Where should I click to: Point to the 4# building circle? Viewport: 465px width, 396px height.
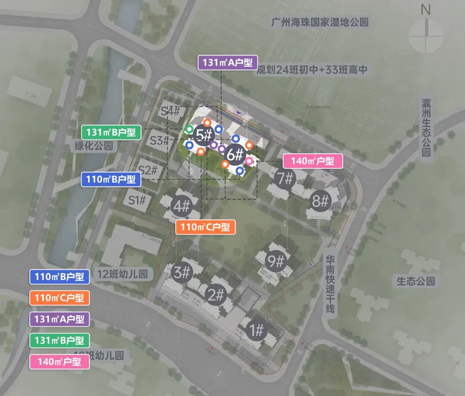click(x=181, y=206)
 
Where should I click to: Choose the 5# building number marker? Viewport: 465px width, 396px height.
click(x=204, y=135)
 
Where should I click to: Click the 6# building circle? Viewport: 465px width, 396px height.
click(x=235, y=154)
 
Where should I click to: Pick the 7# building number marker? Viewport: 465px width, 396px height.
click(x=285, y=178)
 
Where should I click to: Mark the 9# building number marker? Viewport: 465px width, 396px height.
click(x=276, y=261)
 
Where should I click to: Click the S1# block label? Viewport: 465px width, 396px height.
click(x=137, y=200)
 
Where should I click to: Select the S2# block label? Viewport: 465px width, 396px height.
click(x=148, y=170)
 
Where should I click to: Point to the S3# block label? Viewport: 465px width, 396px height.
click(x=159, y=140)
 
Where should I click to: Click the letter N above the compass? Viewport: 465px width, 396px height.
click(x=425, y=10)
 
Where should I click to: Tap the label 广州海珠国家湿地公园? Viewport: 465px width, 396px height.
click(x=320, y=22)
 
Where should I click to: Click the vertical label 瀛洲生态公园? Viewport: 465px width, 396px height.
click(x=426, y=127)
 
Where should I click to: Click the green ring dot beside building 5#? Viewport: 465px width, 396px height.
click(x=189, y=129)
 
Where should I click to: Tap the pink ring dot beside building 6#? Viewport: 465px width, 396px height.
click(x=249, y=161)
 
